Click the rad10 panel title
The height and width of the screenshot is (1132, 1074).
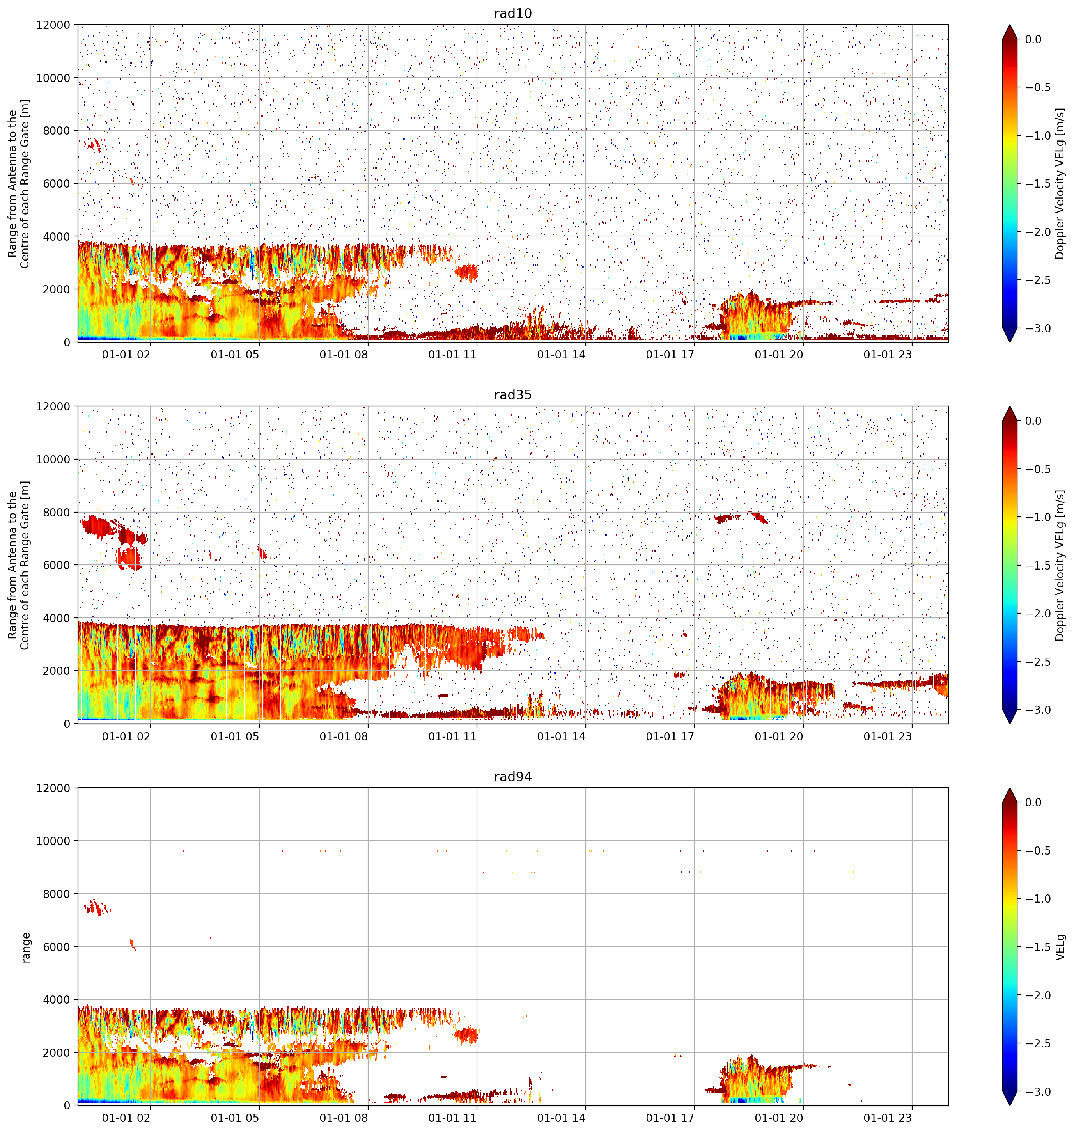pos(512,13)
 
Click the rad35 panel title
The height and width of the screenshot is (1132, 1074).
pos(512,395)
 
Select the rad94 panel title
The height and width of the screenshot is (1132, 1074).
pos(512,777)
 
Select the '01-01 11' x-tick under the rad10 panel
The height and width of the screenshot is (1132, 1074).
pos(452,355)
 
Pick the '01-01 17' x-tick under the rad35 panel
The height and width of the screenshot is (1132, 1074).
pos(670,736)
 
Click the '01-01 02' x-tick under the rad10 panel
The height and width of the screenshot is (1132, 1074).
pos(126,355)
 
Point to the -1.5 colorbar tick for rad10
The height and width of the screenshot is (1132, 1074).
pos(1037,184)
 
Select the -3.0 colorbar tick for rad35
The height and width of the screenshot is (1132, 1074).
pos(1037,710)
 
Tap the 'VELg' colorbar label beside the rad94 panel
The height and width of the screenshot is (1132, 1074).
pos(1060,947)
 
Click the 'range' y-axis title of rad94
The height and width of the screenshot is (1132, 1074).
pos(26,947)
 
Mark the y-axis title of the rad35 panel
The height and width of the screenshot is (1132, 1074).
pos(18,565)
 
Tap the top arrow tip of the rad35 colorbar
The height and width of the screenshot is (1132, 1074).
pos(1010,406)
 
